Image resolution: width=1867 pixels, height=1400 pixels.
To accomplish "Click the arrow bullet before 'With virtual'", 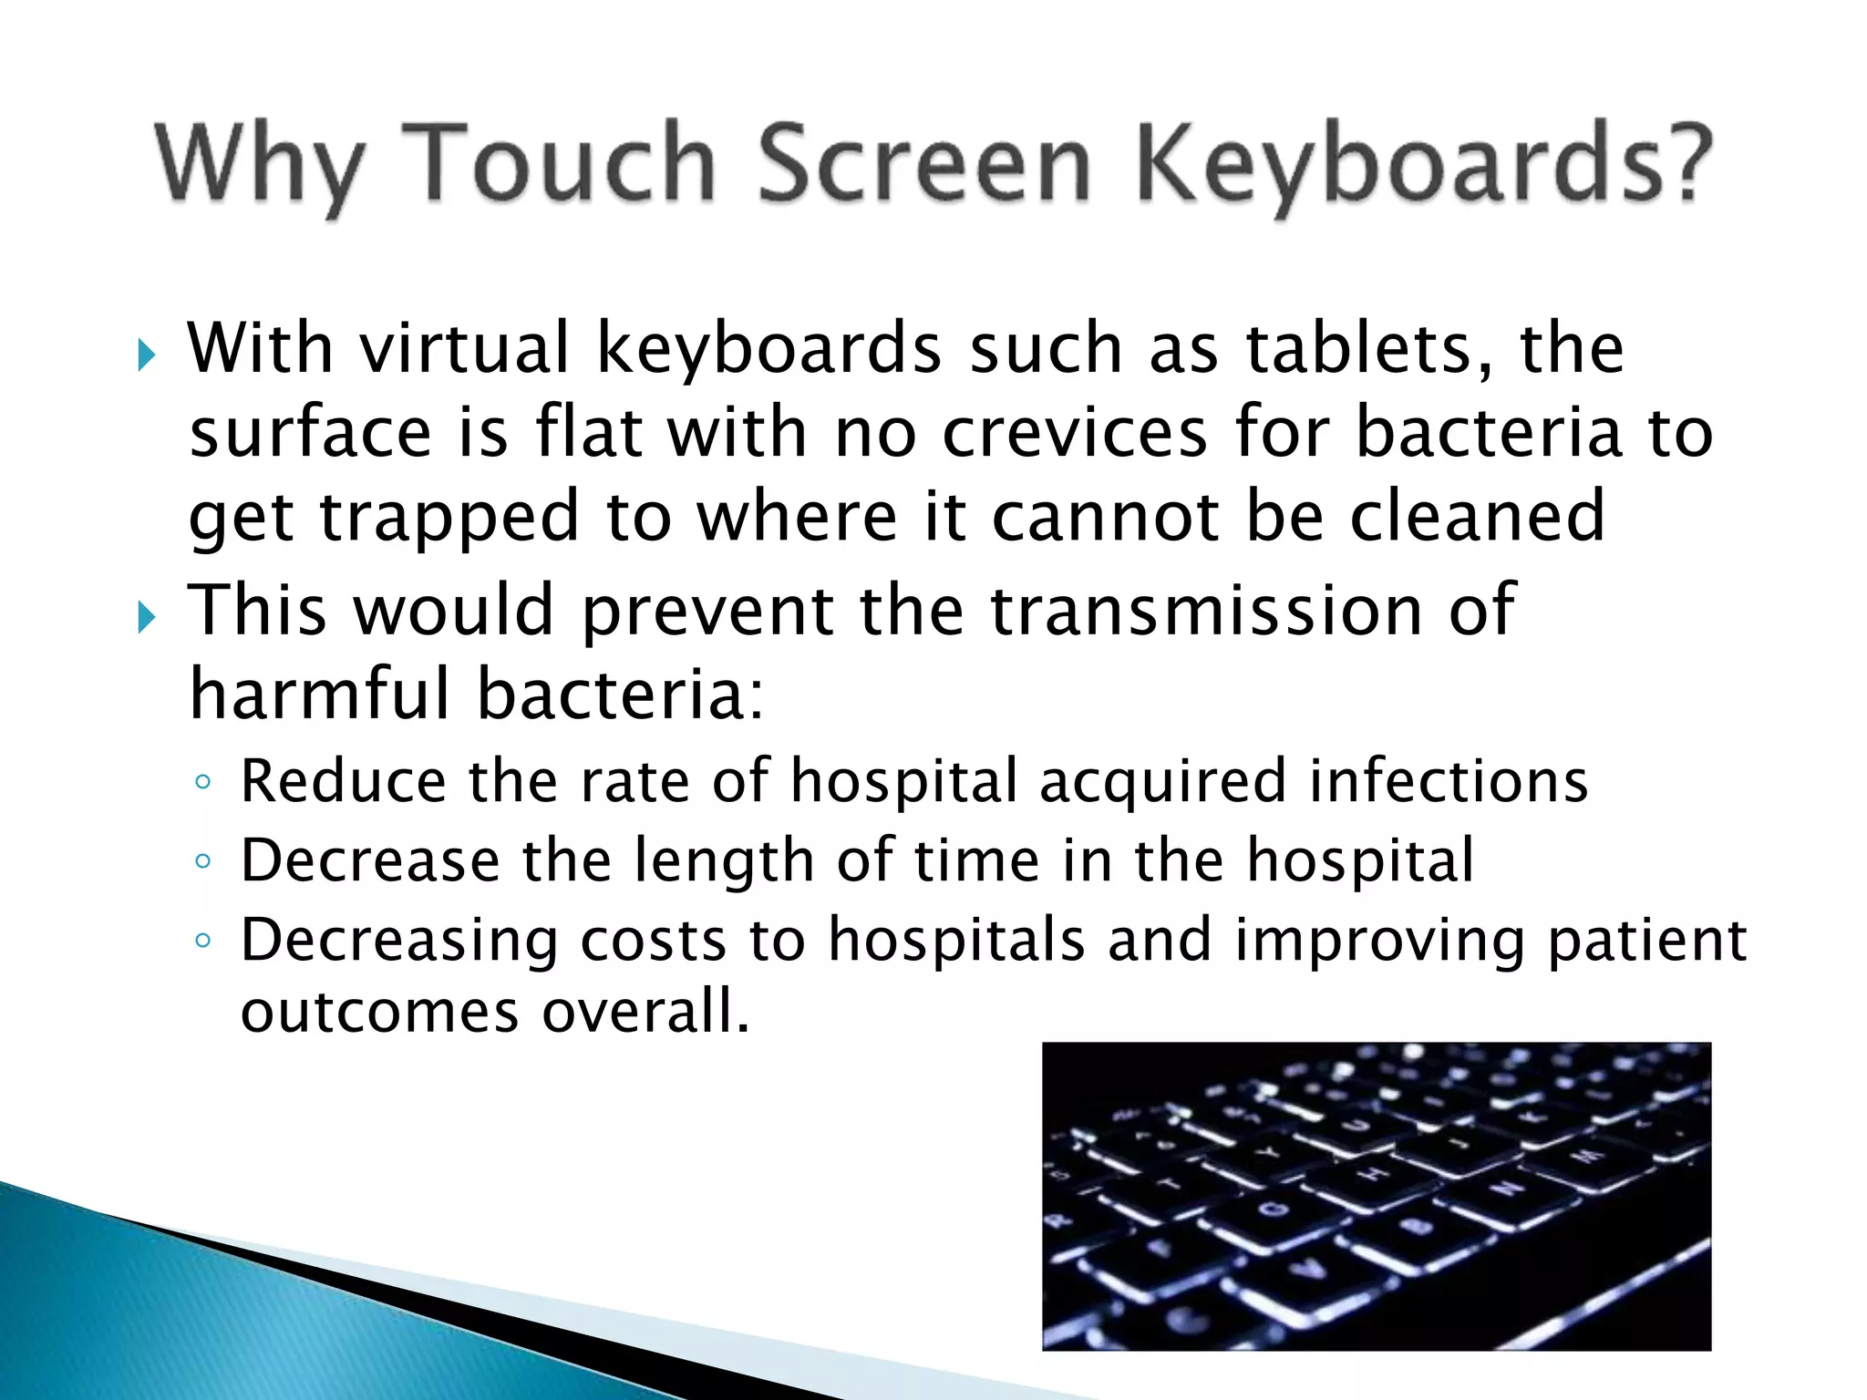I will pyautogui.click(x=146, y=355).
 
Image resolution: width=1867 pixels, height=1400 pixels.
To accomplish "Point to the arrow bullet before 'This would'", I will pyautogui.click(x=146, y=617).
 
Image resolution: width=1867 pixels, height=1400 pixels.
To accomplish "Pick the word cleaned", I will pyautogui.click(x=1476, y=516).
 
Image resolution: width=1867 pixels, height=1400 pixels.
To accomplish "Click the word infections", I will pyautogui.click(x=1449, y=781).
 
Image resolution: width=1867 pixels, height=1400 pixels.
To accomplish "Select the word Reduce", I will pyautogui.click(x=343, y=781).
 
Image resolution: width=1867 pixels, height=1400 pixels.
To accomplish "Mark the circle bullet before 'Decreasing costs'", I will pyautogui.click(x=202, y=940).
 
